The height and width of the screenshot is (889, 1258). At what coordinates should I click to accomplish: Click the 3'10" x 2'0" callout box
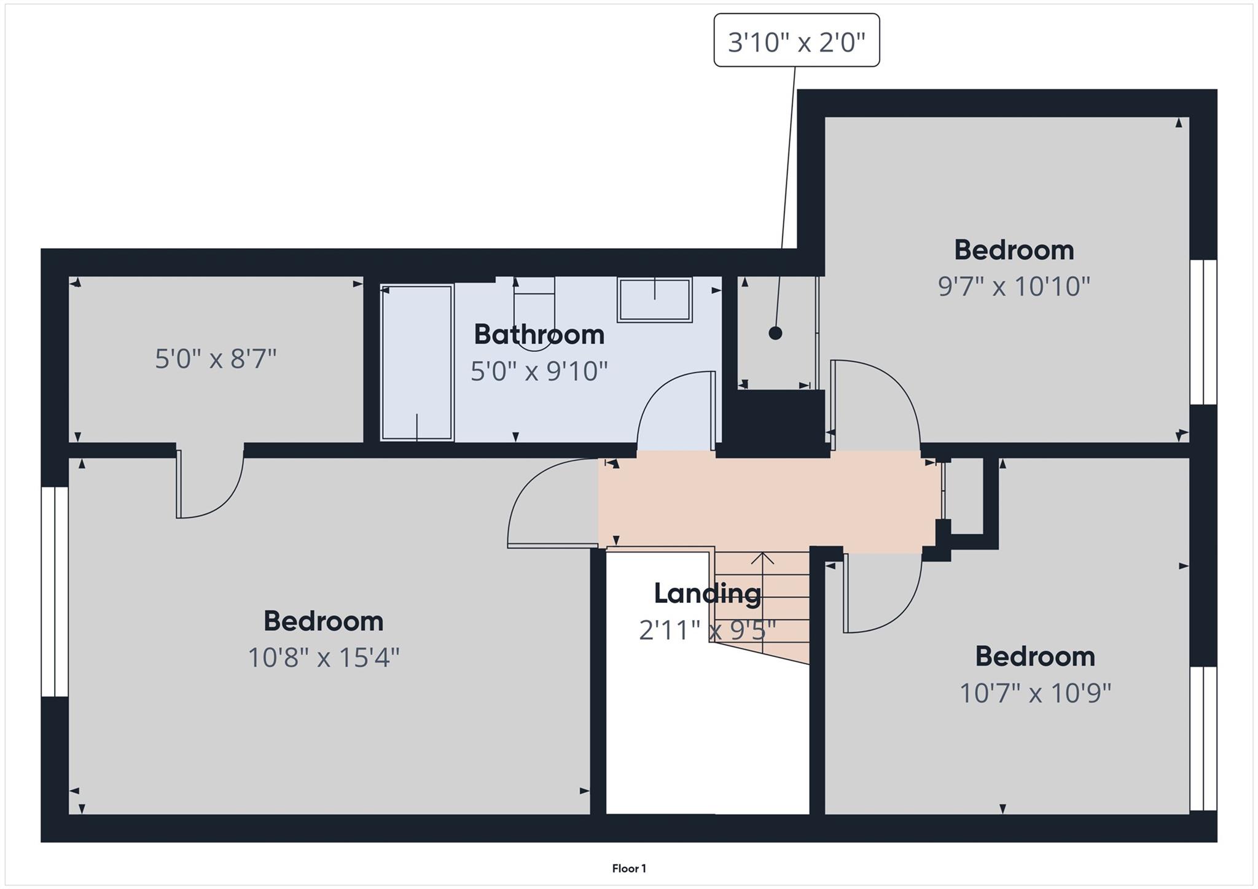tap(796, 41)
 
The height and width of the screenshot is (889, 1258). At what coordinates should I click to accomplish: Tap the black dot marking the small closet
tap(775, 333)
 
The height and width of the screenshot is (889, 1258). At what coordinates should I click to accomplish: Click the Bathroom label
tap(539, 335)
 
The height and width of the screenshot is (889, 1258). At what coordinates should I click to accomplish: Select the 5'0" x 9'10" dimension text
tap(539, 371)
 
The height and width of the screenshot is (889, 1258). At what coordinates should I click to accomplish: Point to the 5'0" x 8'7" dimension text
tap(216, 359)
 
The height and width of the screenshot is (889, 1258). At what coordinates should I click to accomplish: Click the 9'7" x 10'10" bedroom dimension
tap(1014, 286)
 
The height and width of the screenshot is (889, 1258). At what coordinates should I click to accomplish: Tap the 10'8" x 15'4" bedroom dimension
tap(324, 658)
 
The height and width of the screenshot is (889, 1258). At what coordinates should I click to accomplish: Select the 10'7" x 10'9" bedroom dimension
tap(1035, 693)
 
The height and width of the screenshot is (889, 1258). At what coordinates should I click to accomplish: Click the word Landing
tap(707, 593)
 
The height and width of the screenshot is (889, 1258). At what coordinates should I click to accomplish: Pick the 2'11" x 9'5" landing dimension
tap(707, 630)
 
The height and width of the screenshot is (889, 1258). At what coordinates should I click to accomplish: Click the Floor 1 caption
tap(629, 868)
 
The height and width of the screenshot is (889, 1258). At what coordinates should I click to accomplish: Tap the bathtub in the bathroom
tap(417, 362)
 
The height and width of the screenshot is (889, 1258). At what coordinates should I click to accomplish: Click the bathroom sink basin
tap(655, 300)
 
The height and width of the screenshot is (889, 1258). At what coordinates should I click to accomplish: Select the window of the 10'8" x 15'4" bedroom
tap(55, 592)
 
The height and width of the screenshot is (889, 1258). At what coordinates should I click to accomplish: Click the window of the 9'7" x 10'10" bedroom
tap(1203, 332)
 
